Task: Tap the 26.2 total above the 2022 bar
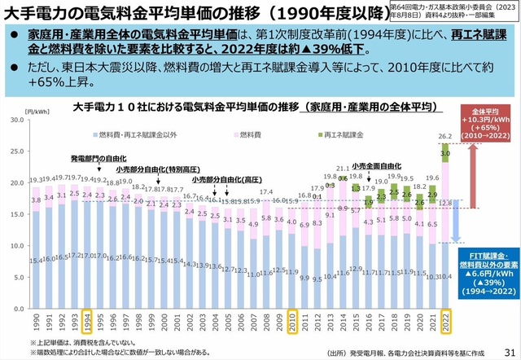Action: click(x=444, y=136)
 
